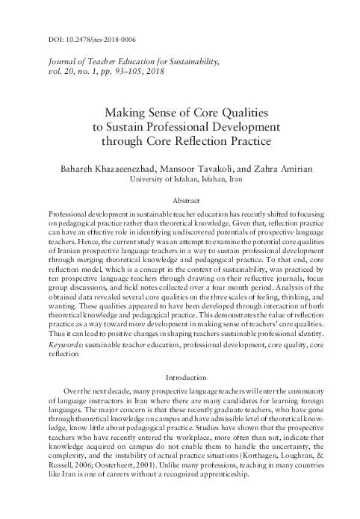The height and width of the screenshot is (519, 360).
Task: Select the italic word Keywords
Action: click(x=63, y=345)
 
